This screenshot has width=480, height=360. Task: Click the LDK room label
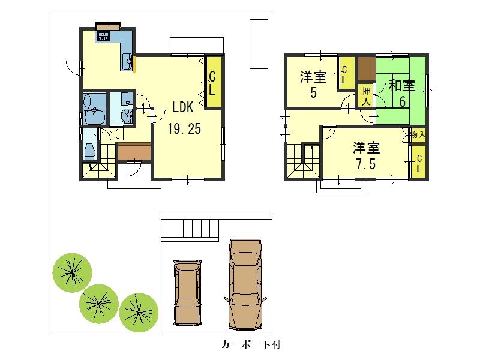click(x=182, y=107)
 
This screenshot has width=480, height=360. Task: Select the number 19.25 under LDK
click(x=184, y=128)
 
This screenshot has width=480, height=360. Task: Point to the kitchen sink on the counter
click(x=128, y=62)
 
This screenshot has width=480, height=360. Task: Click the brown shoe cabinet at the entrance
click(x=134, y=152)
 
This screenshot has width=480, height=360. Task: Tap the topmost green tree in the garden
click(x=72, y=272)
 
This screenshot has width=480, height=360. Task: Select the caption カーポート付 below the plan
click(x=251, y=345)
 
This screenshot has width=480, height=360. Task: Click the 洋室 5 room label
click(x=313, y=85)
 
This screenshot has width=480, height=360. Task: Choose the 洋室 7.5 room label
click(x=365, y=155)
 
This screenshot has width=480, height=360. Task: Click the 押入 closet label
click(x=365, y=96)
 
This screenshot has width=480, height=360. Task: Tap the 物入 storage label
click(x=418, y=135)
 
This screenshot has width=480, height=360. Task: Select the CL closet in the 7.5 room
click(x=418, y=163)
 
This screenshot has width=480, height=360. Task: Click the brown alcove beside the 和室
click(x=365, y=69)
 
